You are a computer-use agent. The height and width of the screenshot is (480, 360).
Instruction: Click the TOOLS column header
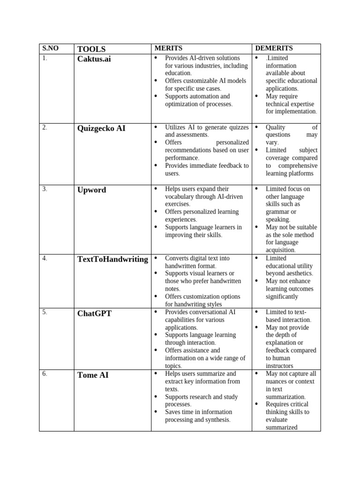(91, 49)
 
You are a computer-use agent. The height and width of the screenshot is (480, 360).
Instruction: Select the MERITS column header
(168, 48)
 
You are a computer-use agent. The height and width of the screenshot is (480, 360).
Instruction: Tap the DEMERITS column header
(274, 48)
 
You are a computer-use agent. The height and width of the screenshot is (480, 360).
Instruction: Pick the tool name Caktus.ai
(94, 59)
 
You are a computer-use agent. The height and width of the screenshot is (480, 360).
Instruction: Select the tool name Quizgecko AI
(101, 128)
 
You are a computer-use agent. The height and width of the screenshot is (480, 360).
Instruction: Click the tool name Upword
(91, 190)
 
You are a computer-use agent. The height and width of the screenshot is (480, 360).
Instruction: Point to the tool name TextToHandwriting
(112, 259)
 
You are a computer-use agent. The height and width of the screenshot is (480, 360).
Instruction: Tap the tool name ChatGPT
(94, 313)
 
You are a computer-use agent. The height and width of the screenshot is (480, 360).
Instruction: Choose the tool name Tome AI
(93, 375)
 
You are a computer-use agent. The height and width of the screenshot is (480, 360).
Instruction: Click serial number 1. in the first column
(45, 58)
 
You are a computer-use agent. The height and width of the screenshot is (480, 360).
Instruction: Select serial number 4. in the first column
(45, 258)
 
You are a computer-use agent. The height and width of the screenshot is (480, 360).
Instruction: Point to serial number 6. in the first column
(45, 374)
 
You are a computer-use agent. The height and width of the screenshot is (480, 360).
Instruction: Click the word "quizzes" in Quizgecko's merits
(238, 127)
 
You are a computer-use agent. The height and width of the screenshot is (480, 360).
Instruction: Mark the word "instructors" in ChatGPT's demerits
(279, 366)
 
